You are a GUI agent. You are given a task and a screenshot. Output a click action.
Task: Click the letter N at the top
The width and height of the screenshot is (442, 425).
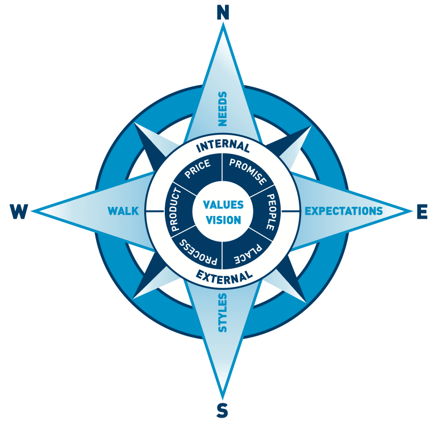click(x=223, y=13)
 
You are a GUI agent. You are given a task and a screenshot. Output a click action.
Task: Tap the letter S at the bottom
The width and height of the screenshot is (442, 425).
click(x=223, y=410)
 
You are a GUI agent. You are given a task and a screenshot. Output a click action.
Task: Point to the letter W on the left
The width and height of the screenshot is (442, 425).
click(x=18, y=212)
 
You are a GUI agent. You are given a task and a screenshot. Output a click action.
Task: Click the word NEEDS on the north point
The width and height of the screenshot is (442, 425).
click(x=223, y=108)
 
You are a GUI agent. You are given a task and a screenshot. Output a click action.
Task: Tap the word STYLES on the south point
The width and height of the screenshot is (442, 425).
click(x=223, y=312)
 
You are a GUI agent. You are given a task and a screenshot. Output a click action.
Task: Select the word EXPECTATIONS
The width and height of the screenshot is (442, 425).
click(x=344, y=211)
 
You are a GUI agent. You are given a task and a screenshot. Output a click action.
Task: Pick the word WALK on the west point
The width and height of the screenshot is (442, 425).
click(x=123, y=211)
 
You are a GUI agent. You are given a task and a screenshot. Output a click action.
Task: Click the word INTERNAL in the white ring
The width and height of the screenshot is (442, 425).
click(x=223, y=146)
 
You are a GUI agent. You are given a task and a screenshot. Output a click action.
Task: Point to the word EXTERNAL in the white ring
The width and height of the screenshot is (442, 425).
click(x=224, y=277)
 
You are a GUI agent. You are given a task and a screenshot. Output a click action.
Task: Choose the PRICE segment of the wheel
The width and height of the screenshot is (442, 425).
click(x=197, y=169)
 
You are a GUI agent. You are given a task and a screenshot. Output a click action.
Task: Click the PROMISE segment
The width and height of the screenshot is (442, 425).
click(x=248, y=170)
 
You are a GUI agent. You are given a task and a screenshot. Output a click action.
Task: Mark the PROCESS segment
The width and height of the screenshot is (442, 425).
click(x=195, y=252)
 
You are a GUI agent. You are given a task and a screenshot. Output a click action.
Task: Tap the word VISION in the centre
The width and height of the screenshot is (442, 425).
click(x=223, y=220)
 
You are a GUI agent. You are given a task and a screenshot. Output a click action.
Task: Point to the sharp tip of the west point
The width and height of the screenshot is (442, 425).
click(x=33, y=211)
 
